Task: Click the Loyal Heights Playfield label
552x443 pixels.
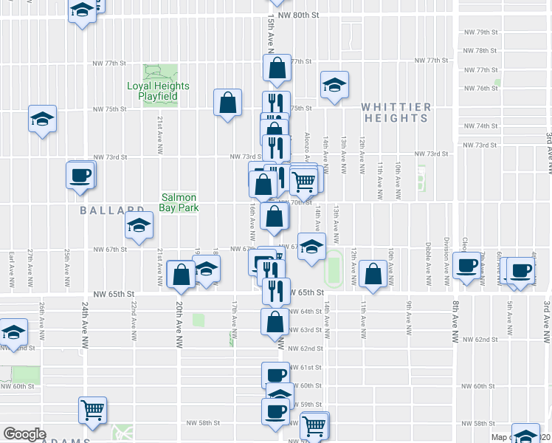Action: [x=158, y=91]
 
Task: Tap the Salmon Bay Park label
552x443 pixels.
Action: [x=179, y=202]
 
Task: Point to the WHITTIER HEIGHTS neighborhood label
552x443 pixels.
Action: [x=396, y=112]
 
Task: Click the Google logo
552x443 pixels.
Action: [x=24, y=434]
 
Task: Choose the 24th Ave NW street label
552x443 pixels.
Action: [x=86, y=318]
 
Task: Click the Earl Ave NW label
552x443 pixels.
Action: [x=12, y=268]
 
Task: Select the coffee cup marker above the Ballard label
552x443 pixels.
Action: [x=80, y=176]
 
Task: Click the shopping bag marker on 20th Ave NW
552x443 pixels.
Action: [x=181, y=275]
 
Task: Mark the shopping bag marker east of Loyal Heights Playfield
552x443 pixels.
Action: [x=228, y=103]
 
